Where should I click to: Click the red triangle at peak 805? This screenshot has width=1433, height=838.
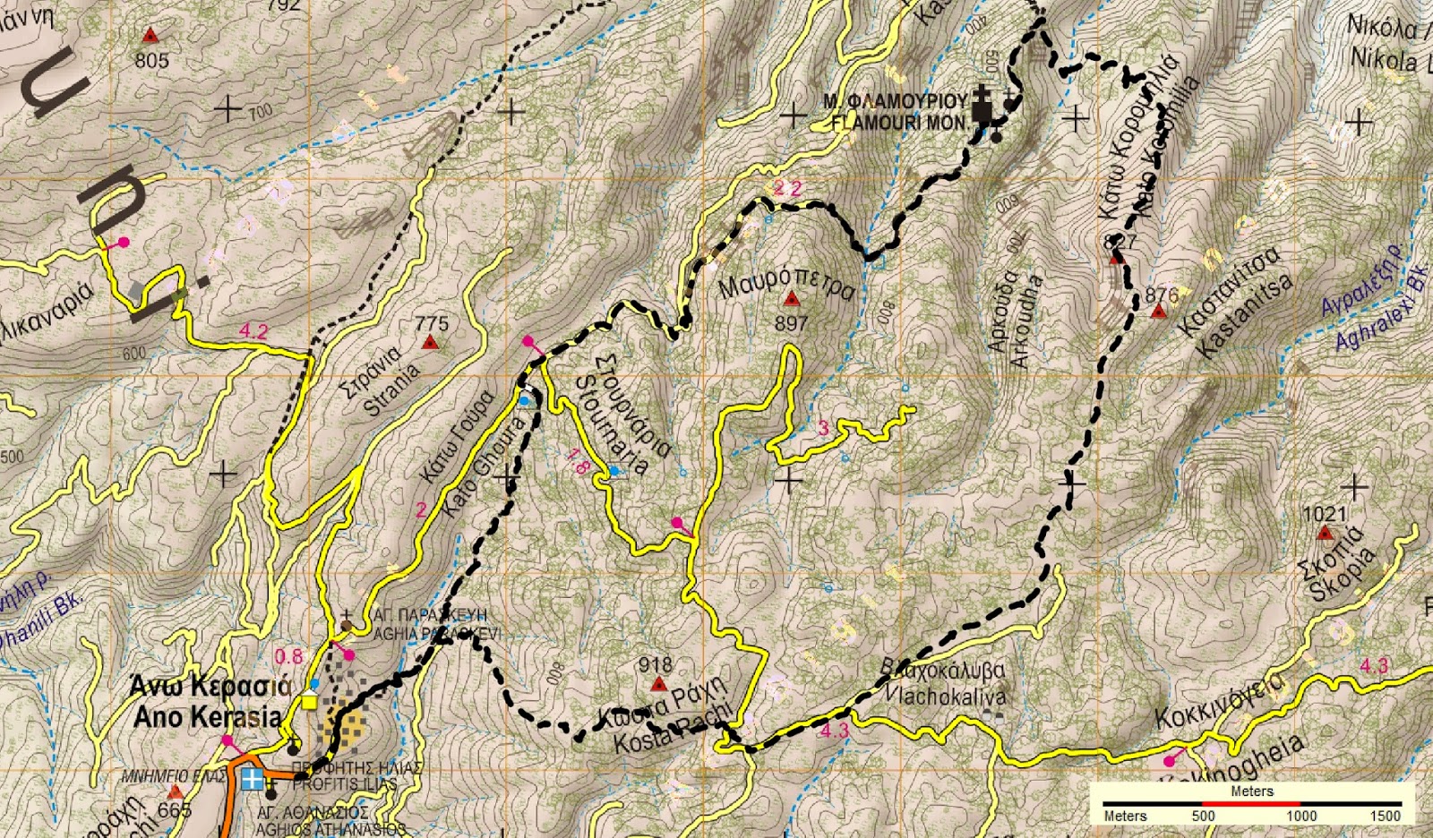tap(150, 36)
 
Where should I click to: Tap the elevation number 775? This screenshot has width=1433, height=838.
tap(432, 323)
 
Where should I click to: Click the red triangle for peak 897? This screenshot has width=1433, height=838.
tap(791, 299)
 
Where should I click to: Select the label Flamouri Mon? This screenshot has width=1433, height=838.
tap(898, 123)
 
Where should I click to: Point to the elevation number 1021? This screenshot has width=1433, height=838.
tap(1325, 514)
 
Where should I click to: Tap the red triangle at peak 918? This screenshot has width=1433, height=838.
tap(659, 685)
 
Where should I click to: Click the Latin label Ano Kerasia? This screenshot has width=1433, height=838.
tap(207, 717)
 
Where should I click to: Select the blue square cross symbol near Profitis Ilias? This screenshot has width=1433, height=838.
tap(253, 779)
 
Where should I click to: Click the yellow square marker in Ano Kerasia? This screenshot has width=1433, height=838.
tap(309, 701)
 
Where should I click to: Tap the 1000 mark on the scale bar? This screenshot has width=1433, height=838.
tap(1301, 816)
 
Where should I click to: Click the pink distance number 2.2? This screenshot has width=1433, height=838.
tap(787, 188)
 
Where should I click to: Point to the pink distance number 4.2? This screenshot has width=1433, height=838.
tap(253, 331)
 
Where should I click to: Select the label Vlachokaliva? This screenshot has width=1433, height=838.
tap(946, 695)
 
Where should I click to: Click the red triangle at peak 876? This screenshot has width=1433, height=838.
tap(1159, 312)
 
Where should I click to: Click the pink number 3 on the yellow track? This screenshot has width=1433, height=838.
tap(824, 429)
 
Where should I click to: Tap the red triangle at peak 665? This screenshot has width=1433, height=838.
tap(176, 792)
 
